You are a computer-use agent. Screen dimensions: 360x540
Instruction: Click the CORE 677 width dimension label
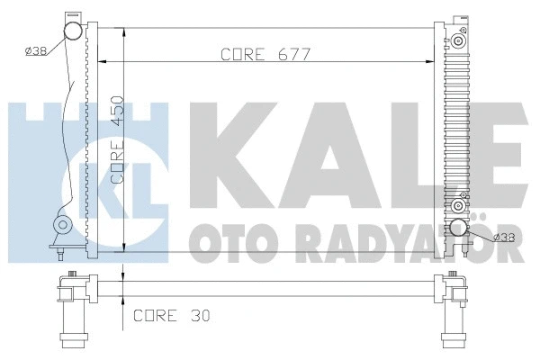click(x=265, y=54)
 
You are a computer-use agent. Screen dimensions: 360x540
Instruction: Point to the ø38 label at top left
click(x=37, y=50)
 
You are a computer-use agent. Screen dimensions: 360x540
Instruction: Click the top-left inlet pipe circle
click(x=71, y=33)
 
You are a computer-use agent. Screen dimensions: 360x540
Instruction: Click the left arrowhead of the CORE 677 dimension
click(x=101, y=62)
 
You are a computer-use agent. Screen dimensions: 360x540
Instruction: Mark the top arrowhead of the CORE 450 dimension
click(x=122, y=32)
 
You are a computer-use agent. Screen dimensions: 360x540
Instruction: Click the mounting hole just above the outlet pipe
click(x=460, y=199)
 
